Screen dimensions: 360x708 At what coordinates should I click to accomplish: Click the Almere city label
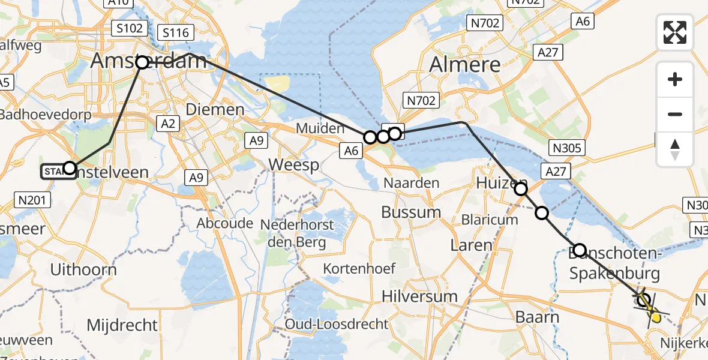(465, 65)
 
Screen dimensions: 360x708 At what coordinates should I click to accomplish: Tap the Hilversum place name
(420, 296)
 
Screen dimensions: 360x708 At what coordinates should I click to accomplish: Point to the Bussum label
(412, 212)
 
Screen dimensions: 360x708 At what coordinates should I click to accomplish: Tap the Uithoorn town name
(83, 270)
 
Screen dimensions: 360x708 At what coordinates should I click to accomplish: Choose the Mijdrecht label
(122, 325)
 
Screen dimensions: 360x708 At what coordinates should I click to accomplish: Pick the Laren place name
(472, 245)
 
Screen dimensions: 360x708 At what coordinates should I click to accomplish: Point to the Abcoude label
(225, 223)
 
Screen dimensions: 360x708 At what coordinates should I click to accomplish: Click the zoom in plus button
(675, 79)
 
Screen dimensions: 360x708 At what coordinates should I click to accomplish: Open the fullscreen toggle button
(675, 32)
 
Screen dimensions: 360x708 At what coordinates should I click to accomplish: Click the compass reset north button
(675, 149)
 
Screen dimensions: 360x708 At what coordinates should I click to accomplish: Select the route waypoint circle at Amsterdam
(142, 62)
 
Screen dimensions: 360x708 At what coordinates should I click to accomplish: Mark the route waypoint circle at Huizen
(521, 189)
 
